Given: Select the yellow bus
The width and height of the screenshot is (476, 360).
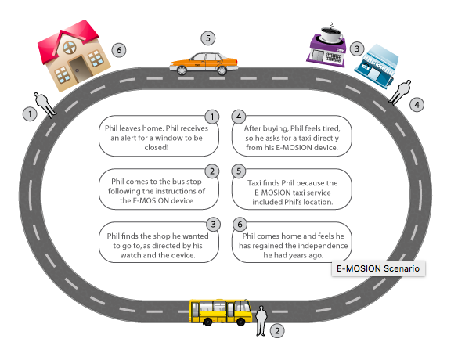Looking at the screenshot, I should [220, 310].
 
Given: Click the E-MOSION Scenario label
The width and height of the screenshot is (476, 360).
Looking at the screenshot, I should [378, 268].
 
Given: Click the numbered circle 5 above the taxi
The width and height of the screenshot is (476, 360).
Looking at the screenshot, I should [207, 38].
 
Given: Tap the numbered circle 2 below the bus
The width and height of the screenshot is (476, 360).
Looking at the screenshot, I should [276, 331].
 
